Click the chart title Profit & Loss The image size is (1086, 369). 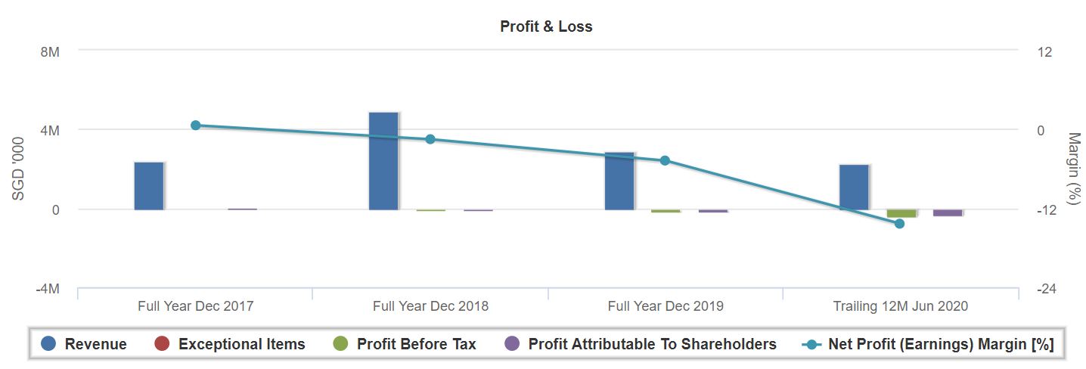coord(546,26)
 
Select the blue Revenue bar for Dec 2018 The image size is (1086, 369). coord(383,160)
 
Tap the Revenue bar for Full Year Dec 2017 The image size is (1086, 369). coord(149,185)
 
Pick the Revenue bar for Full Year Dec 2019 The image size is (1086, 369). coord(619,181)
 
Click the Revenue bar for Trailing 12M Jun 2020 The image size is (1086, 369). coord(854,187)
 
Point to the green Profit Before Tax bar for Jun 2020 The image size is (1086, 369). coord(901,213)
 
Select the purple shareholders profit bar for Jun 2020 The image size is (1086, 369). coord(948,212)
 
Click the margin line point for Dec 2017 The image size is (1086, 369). coord(195,126)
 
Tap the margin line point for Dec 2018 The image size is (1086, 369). coord(430,139)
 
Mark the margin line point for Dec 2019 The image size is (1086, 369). coord(665,160)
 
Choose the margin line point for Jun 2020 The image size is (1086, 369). coord(900,224)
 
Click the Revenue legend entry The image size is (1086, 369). coord(84,345)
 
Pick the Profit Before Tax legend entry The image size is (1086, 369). coord(405,345)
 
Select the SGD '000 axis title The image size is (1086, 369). coord(19,168)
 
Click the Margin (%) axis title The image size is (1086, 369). coord(1073,168)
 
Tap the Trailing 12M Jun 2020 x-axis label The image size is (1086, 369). coord(900,306)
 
